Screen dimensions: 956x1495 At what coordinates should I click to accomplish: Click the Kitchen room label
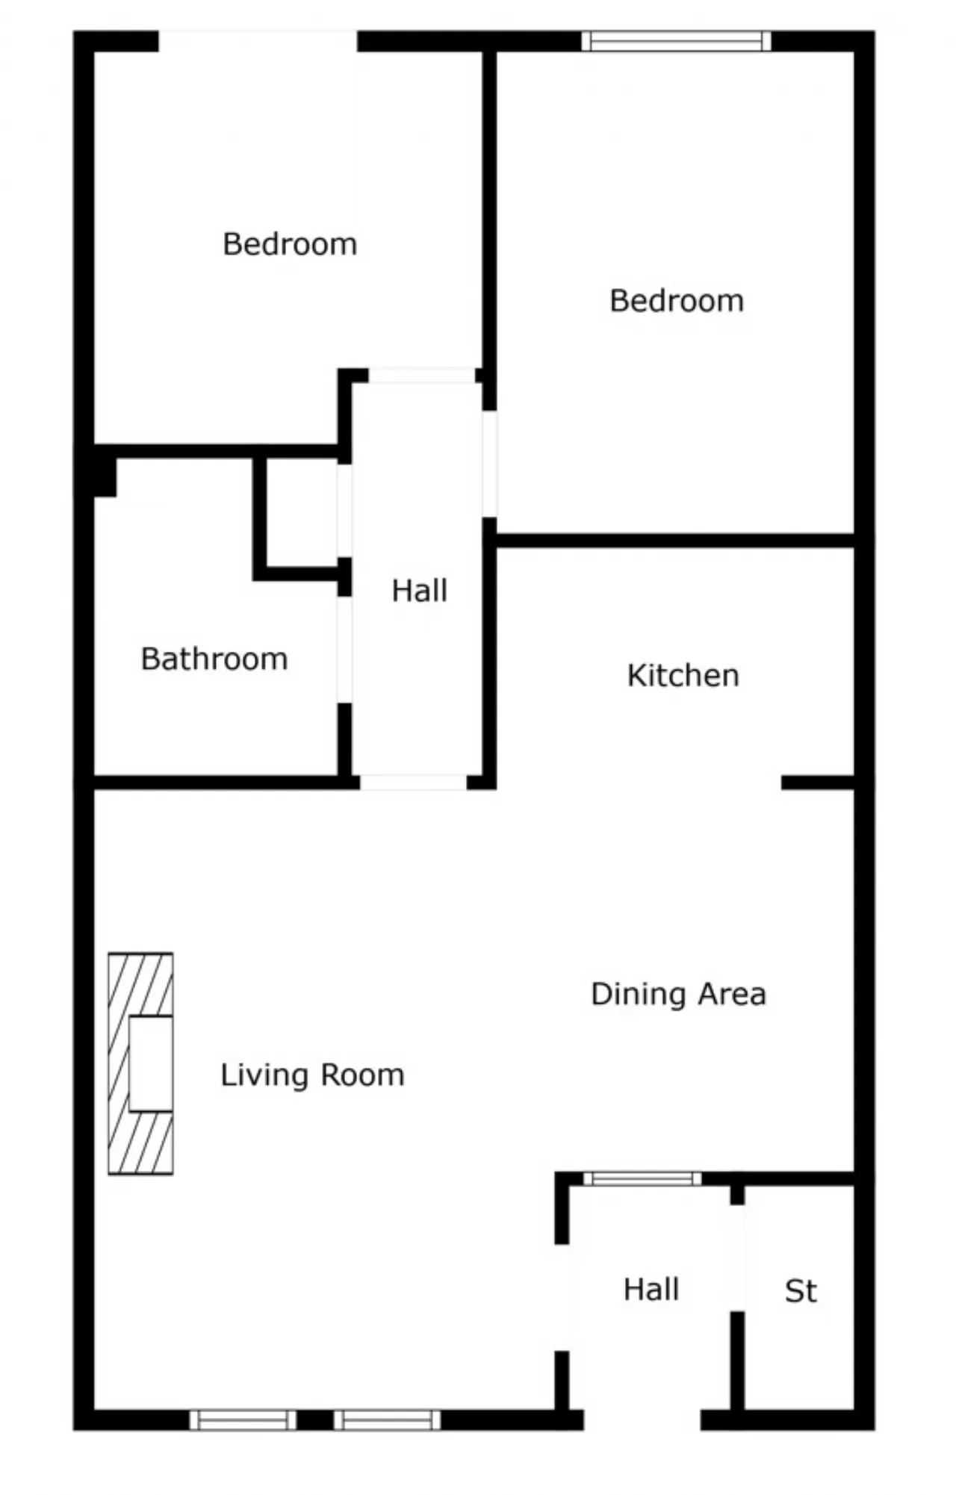(683, 675)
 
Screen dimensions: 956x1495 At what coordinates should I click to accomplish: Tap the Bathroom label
(214, 659)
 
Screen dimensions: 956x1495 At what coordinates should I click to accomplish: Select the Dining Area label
(678, 994)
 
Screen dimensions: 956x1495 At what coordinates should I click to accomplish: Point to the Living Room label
(312, 1075)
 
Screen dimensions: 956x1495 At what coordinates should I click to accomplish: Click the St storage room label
(801, 1291)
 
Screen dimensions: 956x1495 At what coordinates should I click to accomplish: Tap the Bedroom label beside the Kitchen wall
(677, 301)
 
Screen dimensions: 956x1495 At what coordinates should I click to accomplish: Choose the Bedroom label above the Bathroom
(290, 244)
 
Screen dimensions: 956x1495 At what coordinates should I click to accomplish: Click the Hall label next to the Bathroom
(420, 591)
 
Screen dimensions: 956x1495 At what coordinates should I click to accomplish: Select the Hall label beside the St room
(651, 1290)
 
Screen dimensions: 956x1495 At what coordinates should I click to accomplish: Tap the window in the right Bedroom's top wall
(676, 41)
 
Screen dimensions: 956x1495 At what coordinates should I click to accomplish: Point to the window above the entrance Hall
(642, 1179)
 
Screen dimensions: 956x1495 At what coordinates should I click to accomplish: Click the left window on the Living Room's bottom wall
(243, 1420)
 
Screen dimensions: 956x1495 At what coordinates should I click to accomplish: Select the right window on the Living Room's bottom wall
(387, 1420)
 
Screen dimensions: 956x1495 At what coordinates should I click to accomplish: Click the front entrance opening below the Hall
(642, 1420)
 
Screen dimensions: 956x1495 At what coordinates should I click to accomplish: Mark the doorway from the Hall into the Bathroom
(344, 650)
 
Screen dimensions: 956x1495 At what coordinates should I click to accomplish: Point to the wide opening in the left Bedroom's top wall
(258, 41)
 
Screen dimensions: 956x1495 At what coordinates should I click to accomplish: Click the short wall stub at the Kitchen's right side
(818, 783)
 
